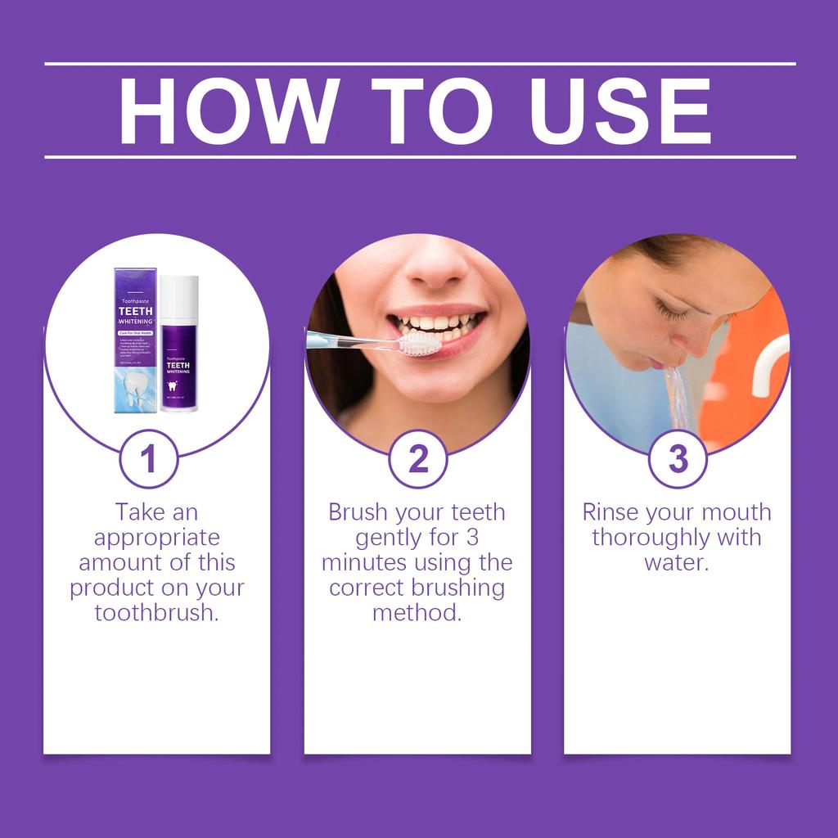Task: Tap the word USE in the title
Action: pos(619,111)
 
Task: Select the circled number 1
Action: pos(148,459)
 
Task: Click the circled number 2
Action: pos(417,459)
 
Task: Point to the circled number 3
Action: pos(678,459)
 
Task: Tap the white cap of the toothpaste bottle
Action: pos(178,297)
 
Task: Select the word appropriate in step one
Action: pos(157,538)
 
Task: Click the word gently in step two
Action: pos(389,538)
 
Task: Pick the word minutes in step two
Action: pos(363,563)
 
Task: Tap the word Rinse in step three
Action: pos(610,512)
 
